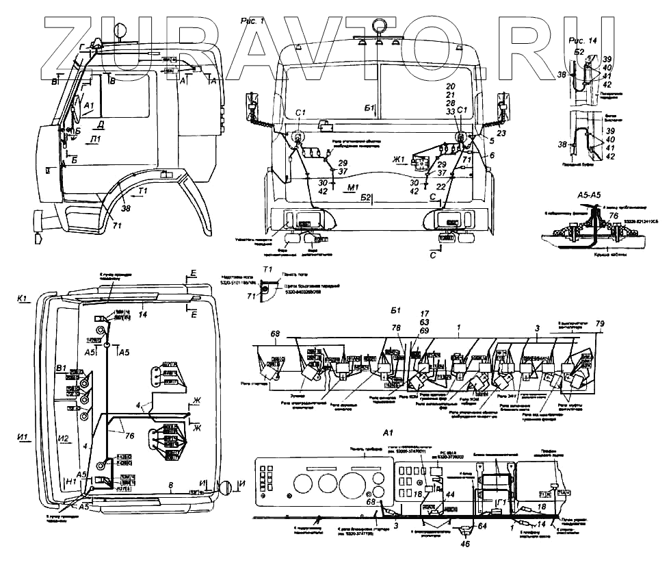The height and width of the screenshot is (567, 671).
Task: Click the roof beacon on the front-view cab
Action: [378, 27]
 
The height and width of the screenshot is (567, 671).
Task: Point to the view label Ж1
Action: [399, 160]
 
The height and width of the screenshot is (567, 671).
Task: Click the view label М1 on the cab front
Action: [354, 186]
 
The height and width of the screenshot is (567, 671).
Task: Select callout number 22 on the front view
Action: [442, 186]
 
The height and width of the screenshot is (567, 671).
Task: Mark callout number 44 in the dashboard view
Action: [449, 494]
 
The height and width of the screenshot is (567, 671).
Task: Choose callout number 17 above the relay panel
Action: [424, 314]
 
